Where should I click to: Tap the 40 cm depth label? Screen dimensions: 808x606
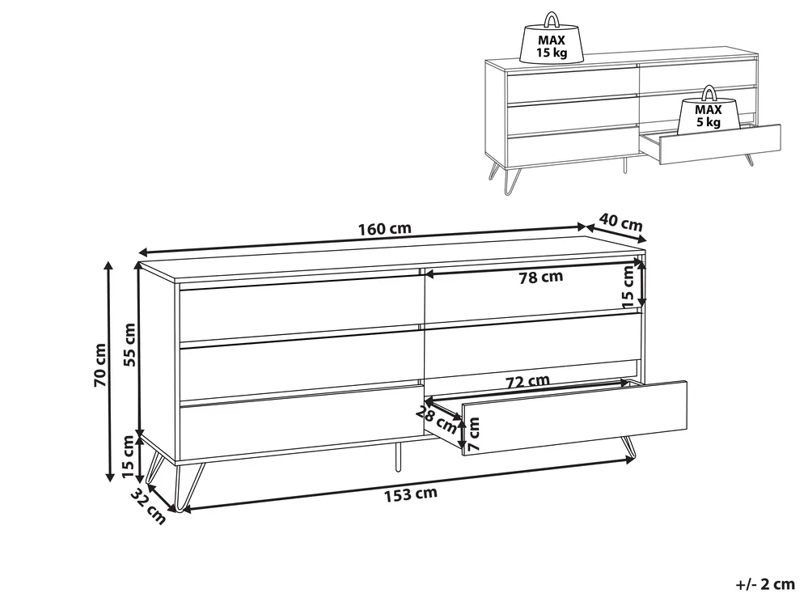621,222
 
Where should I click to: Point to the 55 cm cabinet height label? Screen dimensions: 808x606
130,344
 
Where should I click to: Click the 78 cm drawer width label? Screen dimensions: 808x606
540,278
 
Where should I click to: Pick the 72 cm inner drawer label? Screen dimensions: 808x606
527,381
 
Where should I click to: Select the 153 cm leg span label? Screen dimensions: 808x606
411,494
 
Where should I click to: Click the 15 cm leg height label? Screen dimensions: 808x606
128,456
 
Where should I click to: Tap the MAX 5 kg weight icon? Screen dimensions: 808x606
708,110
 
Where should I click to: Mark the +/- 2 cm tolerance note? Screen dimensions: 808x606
765,584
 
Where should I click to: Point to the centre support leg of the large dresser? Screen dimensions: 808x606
397,456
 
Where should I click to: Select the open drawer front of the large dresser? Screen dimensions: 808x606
574,418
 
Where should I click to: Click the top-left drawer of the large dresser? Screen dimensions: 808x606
302,308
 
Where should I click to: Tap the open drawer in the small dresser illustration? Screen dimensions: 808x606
710,144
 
